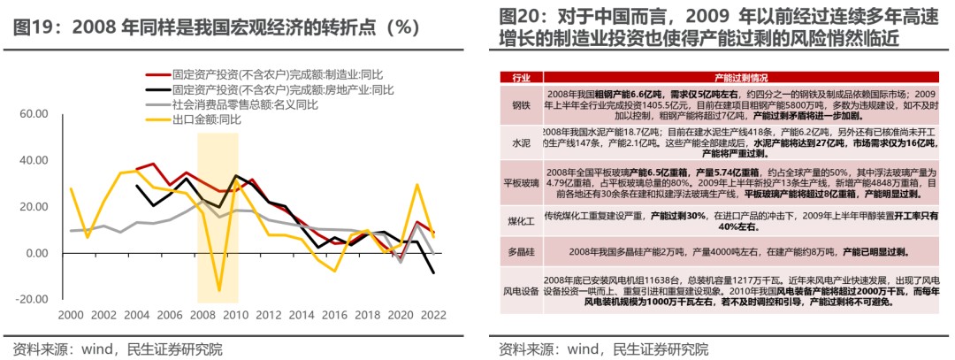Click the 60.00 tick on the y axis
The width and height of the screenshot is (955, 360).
pos(33,114)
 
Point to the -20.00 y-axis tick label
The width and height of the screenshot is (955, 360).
pos(32,299)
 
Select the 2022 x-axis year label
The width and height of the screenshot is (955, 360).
pos(434,316)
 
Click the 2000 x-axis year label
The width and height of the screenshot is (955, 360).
pos(71,316)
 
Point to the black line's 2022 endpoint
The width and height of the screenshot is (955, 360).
pos(434,273)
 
